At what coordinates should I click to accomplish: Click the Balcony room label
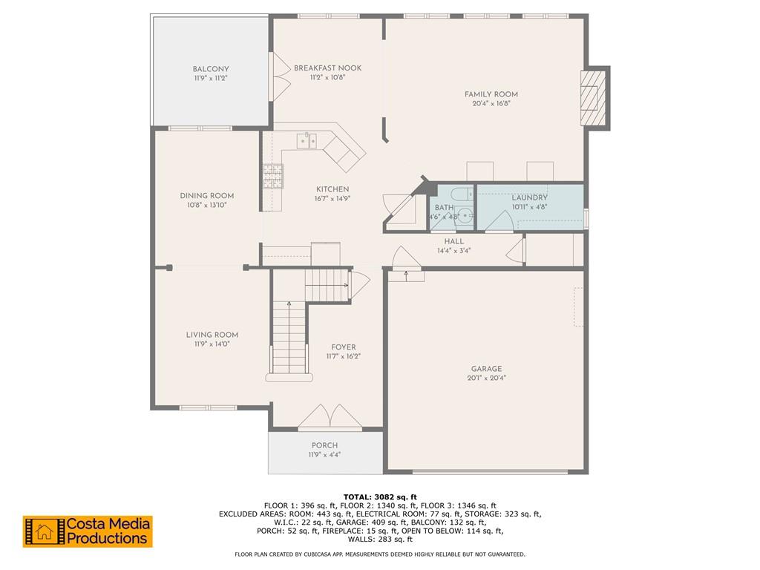(210, 69)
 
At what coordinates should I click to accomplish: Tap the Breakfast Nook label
(327, 68)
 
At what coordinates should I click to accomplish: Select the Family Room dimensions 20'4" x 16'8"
(491, 103)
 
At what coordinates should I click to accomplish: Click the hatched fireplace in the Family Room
(593, 99)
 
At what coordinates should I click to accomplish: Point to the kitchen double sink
(307, 141)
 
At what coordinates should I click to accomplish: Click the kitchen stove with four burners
(273, 176)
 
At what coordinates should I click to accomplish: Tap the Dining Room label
(207, 196)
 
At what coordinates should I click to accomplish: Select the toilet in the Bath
(462, 194)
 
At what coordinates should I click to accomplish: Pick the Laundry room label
(530, 197)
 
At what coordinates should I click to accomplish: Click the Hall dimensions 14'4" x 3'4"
(454, 251)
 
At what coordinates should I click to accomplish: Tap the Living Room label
(212, 335)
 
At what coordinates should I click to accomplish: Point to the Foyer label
(344, 347)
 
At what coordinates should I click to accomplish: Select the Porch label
(325, 445)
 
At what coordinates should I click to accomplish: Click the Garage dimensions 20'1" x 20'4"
(487, 378)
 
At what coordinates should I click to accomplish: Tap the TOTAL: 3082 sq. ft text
(380, 497)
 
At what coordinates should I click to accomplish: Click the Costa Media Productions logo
(88, 531)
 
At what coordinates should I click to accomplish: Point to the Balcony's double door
(281, 76)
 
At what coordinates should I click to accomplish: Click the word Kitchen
(332, 189)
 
